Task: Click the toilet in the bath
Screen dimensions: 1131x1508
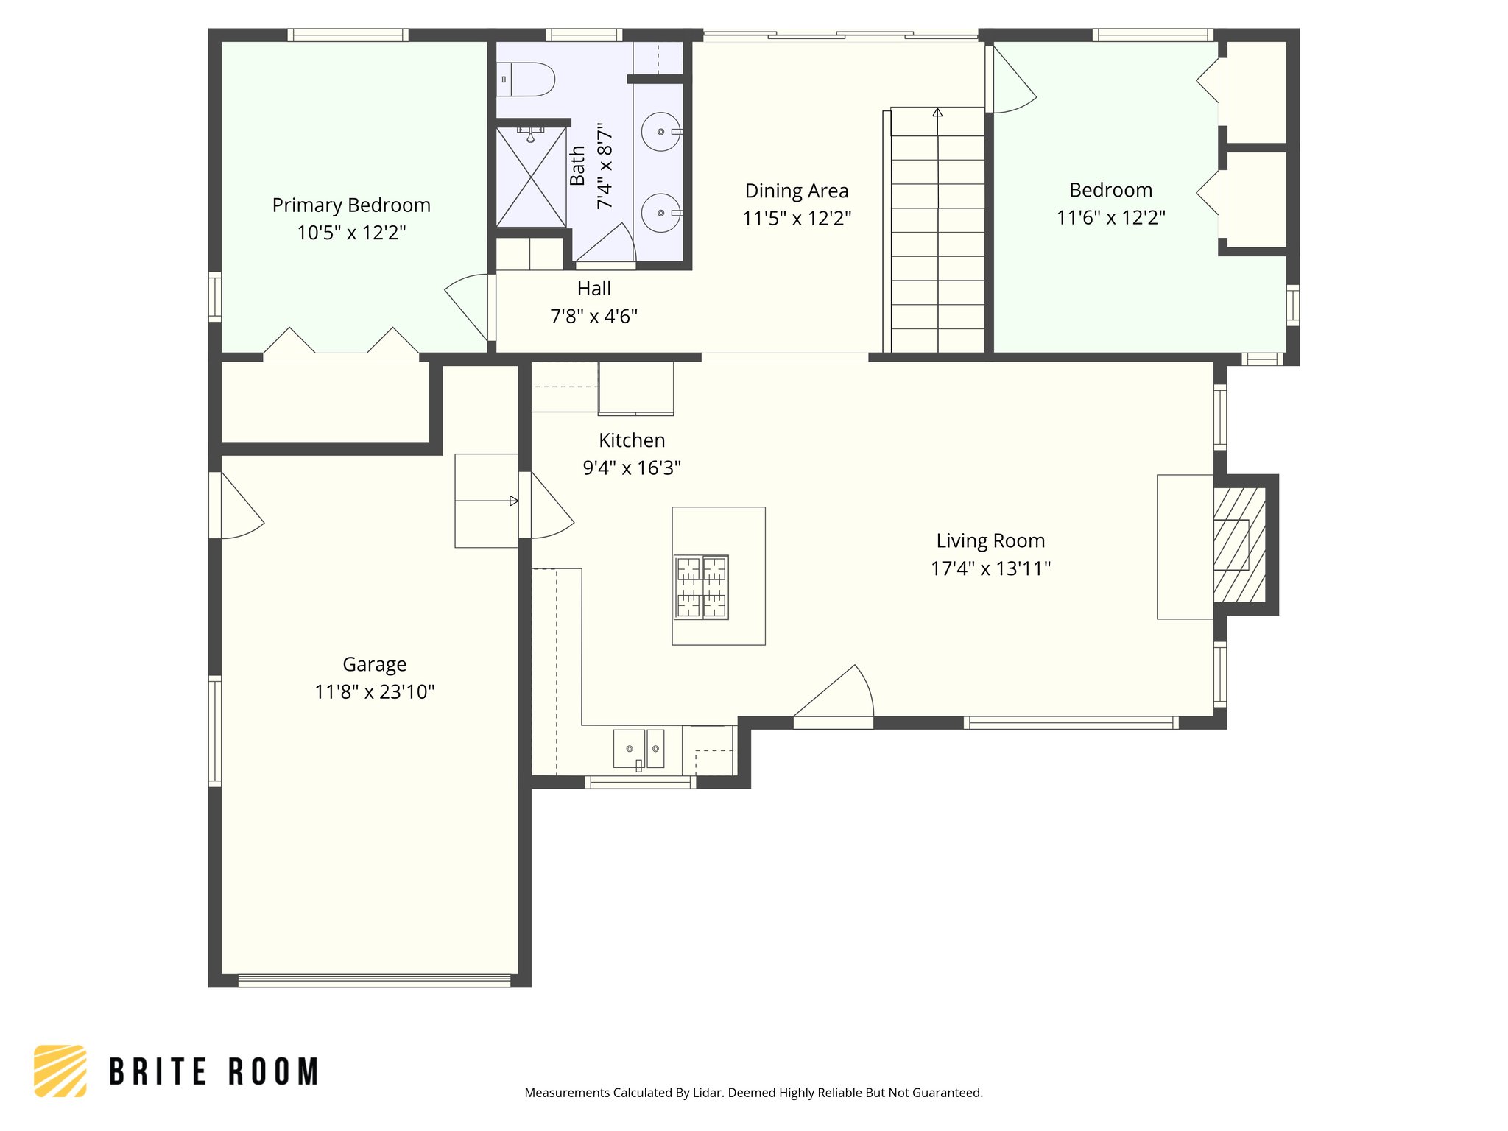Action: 526,80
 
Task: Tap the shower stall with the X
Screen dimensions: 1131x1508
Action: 531,177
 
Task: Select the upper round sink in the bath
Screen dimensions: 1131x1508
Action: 660,132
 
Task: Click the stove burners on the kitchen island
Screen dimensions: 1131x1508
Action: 701,587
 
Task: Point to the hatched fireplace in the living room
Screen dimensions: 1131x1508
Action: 1239,545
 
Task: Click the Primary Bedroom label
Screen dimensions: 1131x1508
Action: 351,205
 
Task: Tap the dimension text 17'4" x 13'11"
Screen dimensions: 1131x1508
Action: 990,568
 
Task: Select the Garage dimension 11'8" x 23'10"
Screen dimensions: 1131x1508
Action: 374,692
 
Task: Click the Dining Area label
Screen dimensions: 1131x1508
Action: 797,191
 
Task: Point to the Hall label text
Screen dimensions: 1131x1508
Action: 593,289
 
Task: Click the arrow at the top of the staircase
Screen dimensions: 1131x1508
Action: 937,113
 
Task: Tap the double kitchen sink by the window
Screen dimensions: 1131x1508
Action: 638,749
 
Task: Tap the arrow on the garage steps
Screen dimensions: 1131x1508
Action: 513,501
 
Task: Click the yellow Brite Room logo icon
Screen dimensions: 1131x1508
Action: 60,1071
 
